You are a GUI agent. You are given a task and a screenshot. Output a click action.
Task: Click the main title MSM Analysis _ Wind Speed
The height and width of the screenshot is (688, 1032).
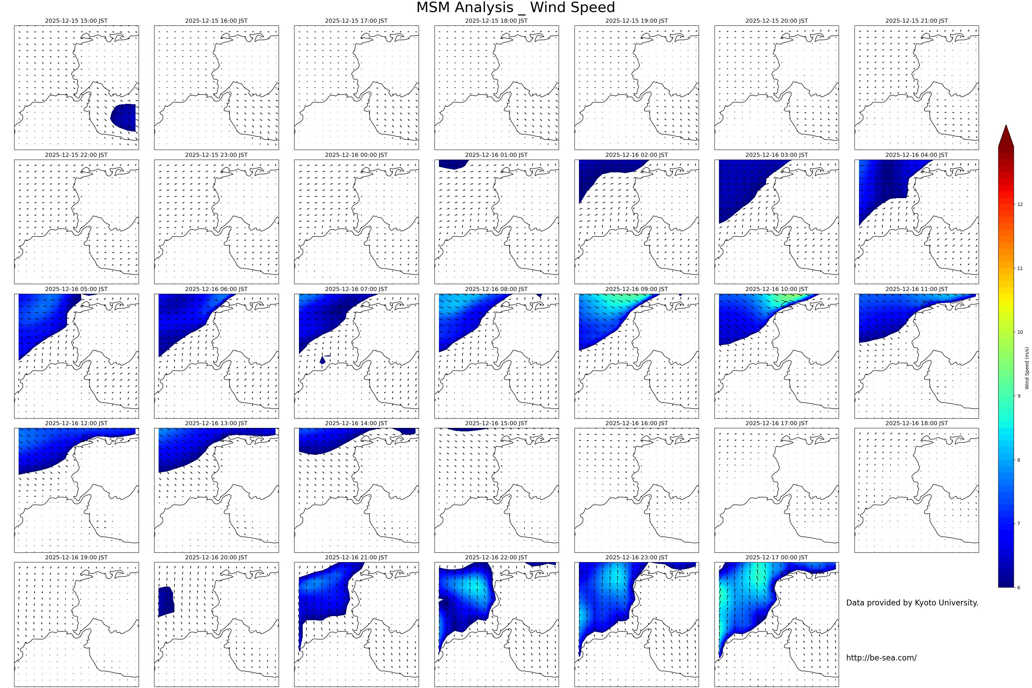[516, 8]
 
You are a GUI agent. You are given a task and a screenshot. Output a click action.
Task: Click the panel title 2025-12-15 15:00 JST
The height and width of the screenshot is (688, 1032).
[76, 21]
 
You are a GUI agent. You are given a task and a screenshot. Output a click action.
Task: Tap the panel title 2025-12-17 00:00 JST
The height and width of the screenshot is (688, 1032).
[776, 557]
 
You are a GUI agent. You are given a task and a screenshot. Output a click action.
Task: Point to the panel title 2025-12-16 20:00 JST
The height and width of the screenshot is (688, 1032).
[216, 557]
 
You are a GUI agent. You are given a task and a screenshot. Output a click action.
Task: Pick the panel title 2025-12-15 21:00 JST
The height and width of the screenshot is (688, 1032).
[916, 21]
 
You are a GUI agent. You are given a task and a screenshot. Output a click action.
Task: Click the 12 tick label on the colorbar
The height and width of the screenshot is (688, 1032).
[1020, 204]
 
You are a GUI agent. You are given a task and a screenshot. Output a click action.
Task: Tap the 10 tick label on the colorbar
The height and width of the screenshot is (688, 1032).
[1020, 332]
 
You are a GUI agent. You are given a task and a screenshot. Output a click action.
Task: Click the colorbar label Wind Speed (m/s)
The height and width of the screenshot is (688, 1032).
[1027, 368]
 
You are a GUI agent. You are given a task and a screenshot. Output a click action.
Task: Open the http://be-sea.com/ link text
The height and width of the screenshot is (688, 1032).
[881, 658]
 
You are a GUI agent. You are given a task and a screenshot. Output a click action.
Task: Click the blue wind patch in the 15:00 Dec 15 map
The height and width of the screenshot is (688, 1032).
[124, 117]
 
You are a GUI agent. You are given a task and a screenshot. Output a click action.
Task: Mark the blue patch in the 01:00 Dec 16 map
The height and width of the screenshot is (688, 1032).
[452, 164]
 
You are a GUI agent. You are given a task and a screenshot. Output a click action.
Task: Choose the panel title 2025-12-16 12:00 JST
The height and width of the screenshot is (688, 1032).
[76, 423]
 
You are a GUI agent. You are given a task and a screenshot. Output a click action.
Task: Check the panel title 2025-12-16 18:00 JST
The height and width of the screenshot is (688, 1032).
[916, 423]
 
